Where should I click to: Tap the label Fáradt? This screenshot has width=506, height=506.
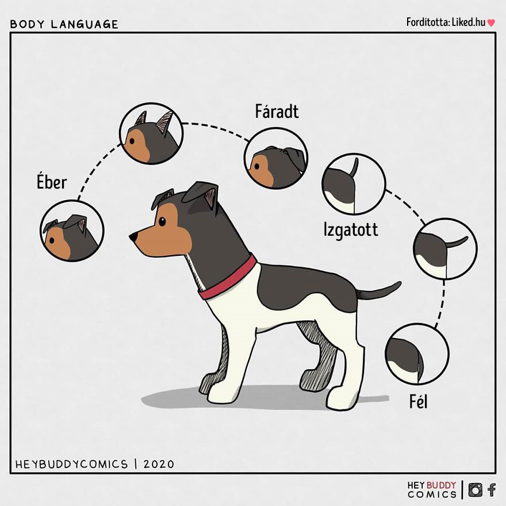pyautogui.click(x=277, y=112)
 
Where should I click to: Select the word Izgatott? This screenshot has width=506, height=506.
pyautogui.click(x=351, y=231)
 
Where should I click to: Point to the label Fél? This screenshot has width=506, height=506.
pyautogui.click(x=418, y=402)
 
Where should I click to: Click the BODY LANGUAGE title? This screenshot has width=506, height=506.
pyautogui.click(x=64, y=25)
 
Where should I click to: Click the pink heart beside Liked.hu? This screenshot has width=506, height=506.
pyautogui.click(x=491, y=23)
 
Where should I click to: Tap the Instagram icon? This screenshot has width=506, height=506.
pyautogui.click(x=475, y=489)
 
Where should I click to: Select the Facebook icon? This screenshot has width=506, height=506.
pyautogui.click(x=492, y=489)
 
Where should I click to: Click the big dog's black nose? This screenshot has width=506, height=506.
pyautogui.click(x=133, y=237)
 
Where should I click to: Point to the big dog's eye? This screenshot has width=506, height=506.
pyautogui.click(x=162, y=221)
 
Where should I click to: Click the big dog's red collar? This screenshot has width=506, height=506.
pyautogui.click(x=228, y=278)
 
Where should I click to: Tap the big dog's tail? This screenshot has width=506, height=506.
pyautogui.click(x=379, y=290)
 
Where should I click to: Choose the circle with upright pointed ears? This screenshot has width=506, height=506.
pyautogui.click(x=151, y=133)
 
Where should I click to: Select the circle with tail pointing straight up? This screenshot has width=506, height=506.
pyautogui.click(x=354, y=184)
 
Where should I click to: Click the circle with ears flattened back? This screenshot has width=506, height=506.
pyautogui.click(x=276, y=159)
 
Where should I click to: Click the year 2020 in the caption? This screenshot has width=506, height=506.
pyautogui.click(x=159, y=465)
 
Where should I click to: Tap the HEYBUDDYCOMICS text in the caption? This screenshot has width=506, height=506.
pyautogui.click(x=71, y=465)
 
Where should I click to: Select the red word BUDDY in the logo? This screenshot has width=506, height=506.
pyautogui.click(x=441, y=485)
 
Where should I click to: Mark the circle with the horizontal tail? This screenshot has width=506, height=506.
pyautogui.click(x=445, y=248)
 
